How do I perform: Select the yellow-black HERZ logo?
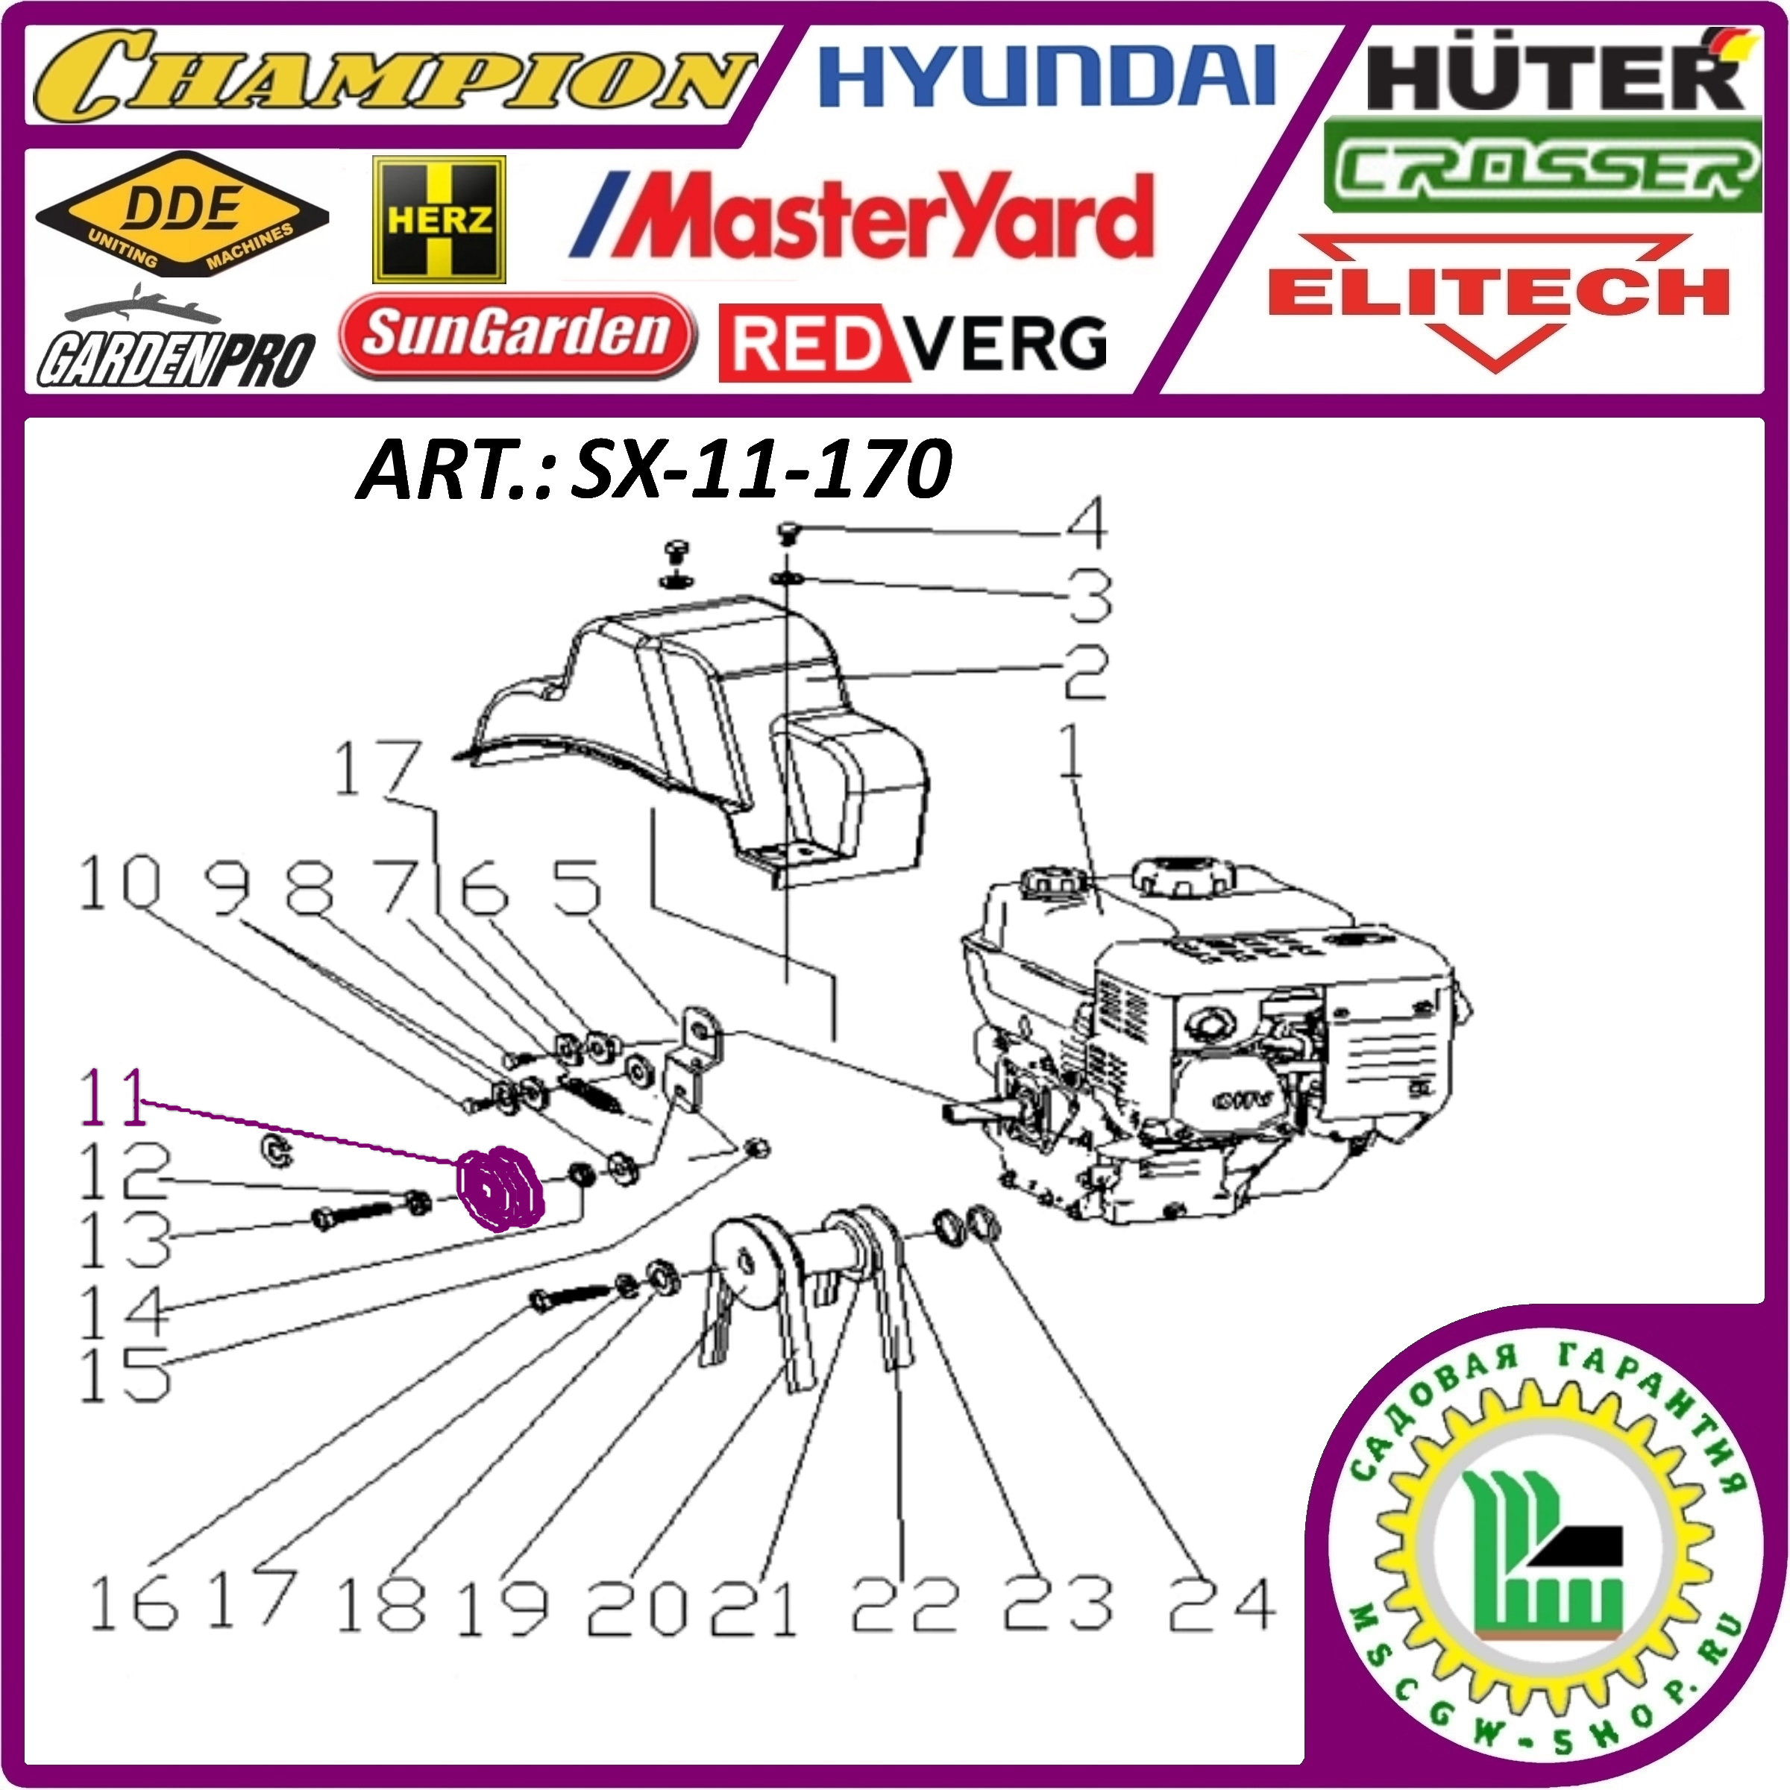439,219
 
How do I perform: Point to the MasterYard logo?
861,216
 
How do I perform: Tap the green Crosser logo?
1542,167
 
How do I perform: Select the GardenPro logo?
176,345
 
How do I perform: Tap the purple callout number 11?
113,1097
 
